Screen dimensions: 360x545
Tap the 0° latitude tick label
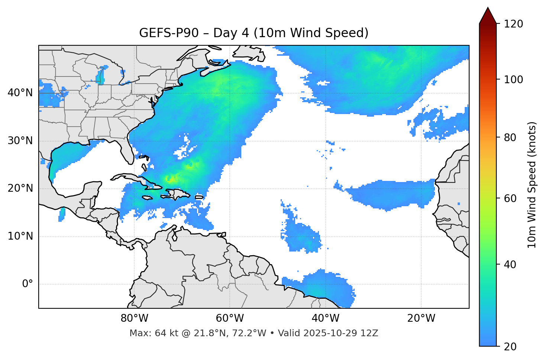click(28, 284)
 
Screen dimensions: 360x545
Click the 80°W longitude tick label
click(134, 318)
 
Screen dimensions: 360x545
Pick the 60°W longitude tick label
click(230, 318)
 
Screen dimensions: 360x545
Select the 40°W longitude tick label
click(326, 318)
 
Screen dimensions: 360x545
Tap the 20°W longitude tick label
click(421, 318)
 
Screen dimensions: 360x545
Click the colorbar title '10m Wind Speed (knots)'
click(532, 185)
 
